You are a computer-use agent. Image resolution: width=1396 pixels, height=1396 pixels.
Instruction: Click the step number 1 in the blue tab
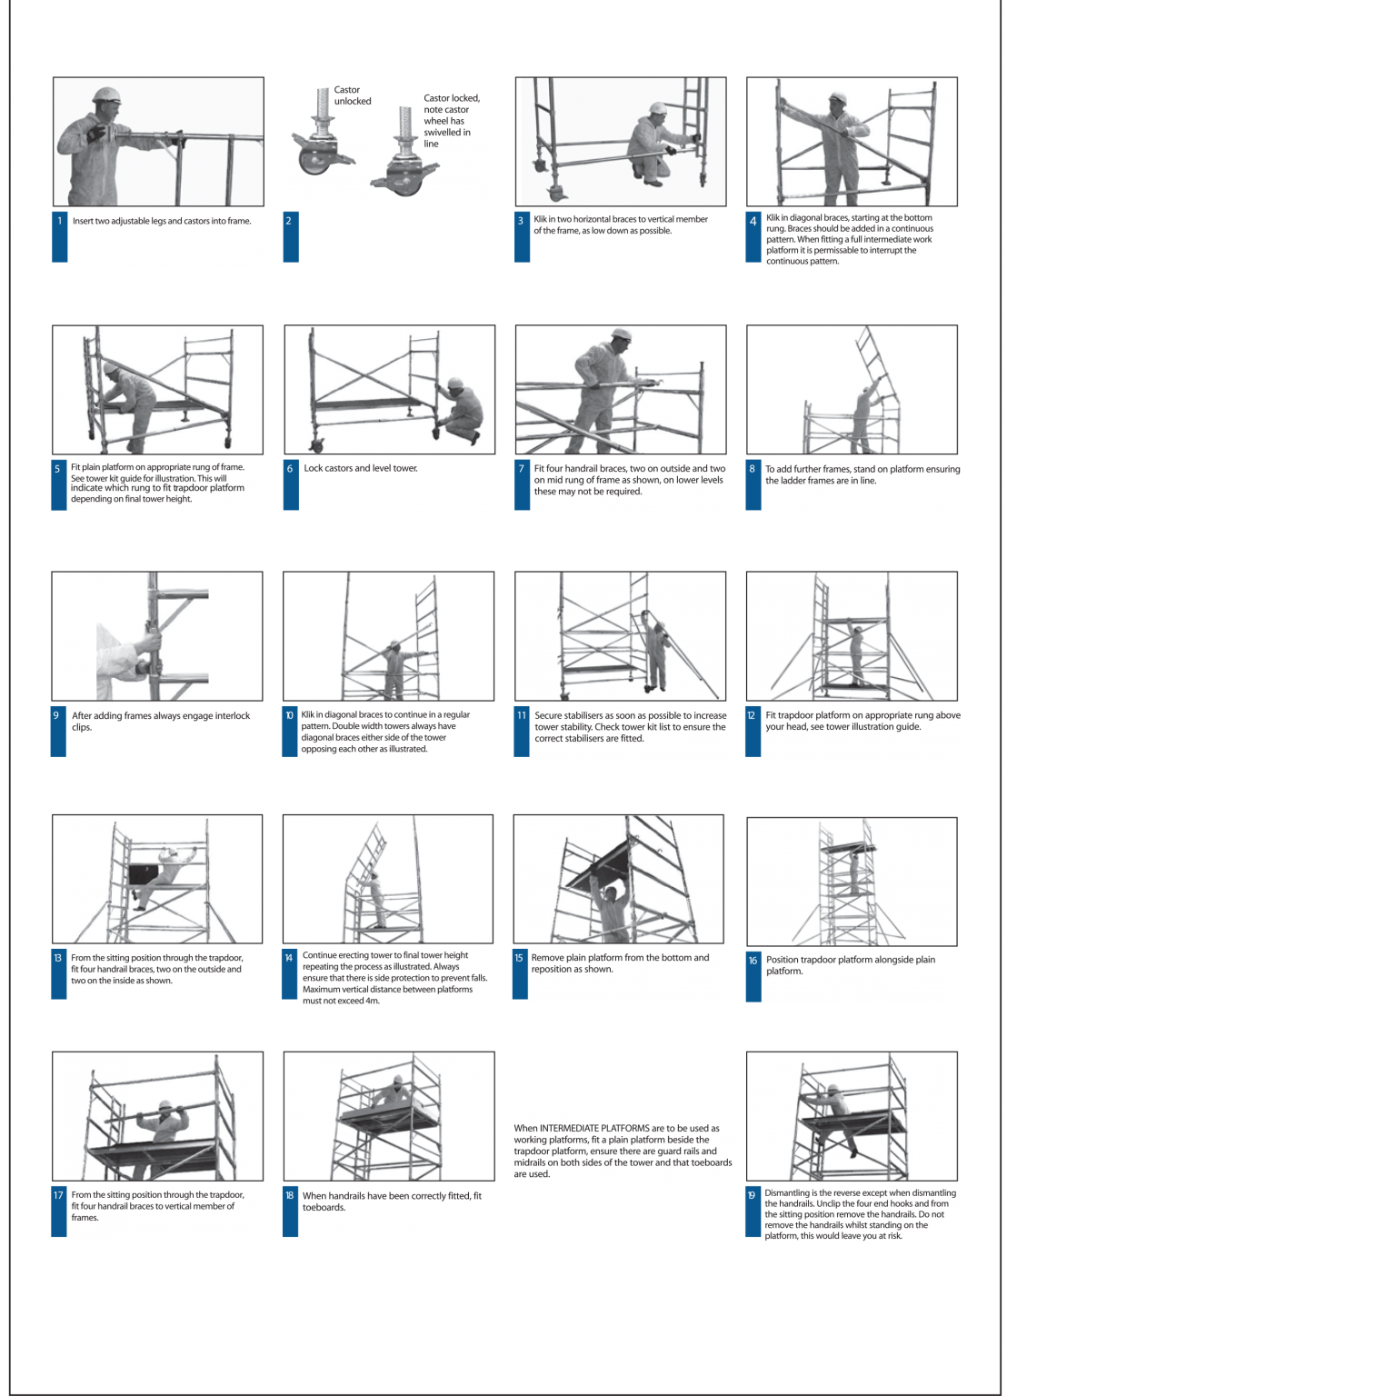(x=60, y=221)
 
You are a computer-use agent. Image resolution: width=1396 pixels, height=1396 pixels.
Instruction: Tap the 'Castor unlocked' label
(x=352, y=95)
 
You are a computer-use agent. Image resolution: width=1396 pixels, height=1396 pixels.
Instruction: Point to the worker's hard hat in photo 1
(x=106, y=95)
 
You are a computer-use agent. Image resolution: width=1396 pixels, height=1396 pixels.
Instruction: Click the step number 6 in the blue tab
(x=290, y=469)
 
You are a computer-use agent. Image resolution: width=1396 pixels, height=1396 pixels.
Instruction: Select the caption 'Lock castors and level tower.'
(x=360, y=469)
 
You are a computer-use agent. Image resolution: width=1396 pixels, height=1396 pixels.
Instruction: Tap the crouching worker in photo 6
(x=461, y=410)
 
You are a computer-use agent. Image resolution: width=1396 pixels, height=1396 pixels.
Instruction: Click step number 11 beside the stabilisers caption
(x=522, y=715)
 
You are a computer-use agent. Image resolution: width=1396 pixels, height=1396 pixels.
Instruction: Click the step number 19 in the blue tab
(x=752, y=1195)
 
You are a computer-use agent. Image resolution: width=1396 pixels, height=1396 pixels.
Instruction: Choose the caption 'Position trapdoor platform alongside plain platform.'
(x=850, y=965)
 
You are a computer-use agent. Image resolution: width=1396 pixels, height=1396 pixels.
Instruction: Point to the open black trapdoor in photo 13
(x=144, y=874)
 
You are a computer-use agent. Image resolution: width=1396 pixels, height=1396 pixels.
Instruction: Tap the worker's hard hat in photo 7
(x=621, y=335)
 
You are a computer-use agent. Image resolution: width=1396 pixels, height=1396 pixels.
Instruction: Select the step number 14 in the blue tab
(x=289, y=958)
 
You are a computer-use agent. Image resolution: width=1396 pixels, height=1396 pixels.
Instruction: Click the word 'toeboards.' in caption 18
(x=324, y=1208)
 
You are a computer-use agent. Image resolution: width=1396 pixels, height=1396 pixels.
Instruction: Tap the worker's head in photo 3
(x=657, y=110)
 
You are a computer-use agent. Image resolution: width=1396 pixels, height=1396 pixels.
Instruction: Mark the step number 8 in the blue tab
(x=752, y=469)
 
